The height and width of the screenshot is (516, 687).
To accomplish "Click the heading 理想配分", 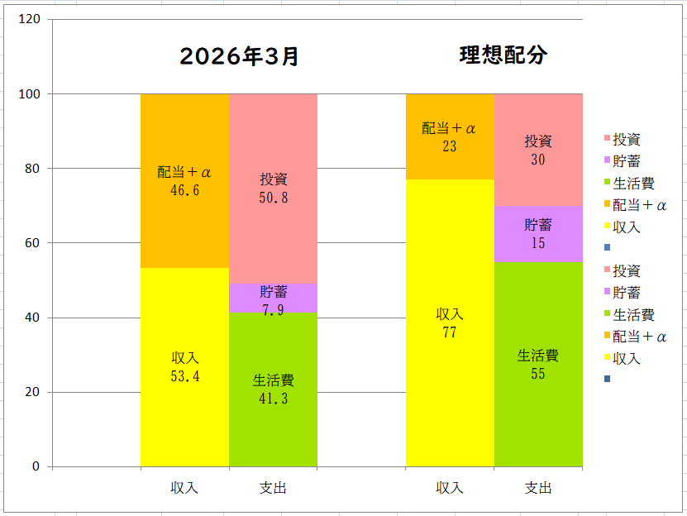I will click(x=503, y=55).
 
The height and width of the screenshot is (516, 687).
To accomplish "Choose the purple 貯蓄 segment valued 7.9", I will click(x=273, y=299).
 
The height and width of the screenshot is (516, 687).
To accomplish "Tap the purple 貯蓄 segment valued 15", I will click(x=538, y=234).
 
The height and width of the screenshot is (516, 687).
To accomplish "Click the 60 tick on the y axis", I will click(x=33, y=243).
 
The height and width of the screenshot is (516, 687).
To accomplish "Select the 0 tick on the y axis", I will click(x=36, y=466).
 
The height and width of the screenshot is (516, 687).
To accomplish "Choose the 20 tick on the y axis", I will click(x=33, y=392).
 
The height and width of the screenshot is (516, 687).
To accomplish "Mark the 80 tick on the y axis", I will click(x=33, y=168).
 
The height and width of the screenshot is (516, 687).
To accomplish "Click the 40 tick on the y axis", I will click(x=33, y=318).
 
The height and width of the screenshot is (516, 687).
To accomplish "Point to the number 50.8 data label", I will click(x=274, y=198).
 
